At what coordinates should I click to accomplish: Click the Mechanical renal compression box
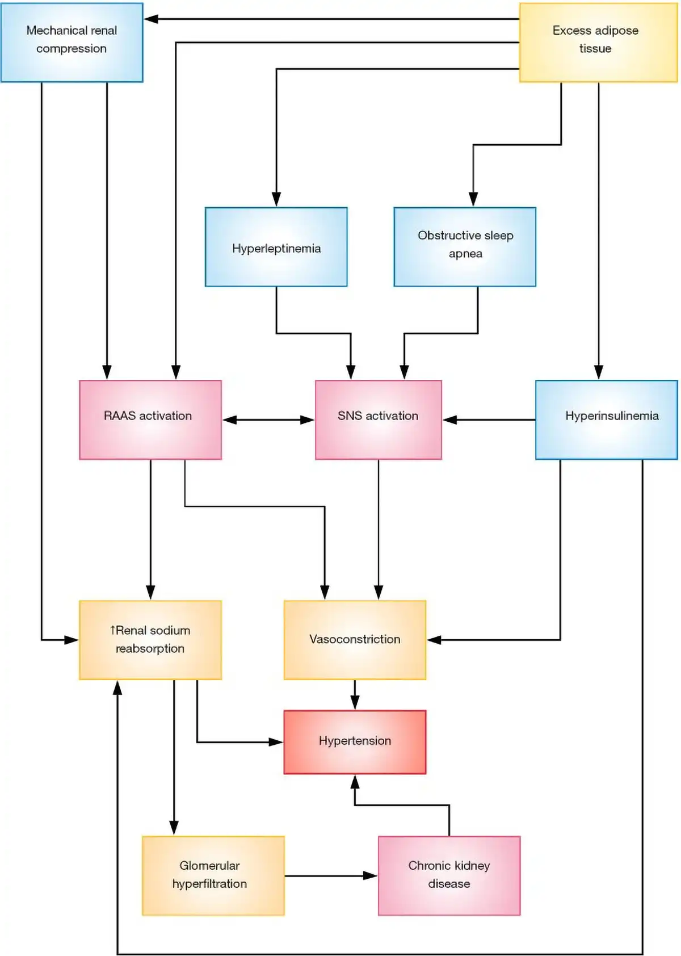72,43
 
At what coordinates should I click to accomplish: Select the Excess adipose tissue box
598,43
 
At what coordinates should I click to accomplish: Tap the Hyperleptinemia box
276,247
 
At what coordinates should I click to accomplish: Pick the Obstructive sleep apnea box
465,247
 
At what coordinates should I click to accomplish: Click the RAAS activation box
150,420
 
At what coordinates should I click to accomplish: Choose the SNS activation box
378,420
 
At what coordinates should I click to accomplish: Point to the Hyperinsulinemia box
606,420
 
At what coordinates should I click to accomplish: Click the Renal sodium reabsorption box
150,640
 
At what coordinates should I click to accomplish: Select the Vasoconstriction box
355,640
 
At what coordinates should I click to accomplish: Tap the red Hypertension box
355,741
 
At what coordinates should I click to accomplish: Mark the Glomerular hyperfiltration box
213,875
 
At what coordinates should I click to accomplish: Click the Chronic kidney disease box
449,875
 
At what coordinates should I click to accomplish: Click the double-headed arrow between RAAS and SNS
268,420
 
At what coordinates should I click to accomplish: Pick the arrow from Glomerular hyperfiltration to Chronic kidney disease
331,876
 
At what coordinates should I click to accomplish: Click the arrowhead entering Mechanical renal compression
151,19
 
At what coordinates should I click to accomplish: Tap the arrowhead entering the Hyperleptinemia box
276,199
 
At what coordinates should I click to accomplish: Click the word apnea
465,254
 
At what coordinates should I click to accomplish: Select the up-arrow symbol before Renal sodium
112,630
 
